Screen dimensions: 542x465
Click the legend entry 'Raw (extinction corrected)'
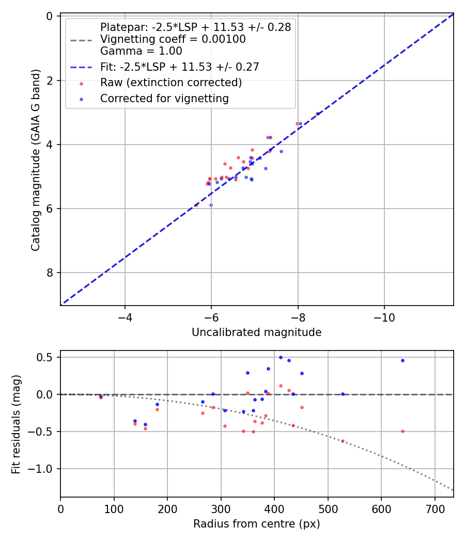tap(171, 83)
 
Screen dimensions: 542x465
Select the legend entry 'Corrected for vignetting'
tap(164, 98)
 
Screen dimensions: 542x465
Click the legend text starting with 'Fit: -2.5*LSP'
tap(179, 67)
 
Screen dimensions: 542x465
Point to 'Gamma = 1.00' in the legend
tap(141, 51)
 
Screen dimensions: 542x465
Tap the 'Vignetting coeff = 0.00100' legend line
tap(173, 39)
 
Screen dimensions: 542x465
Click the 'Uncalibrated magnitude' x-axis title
tap(257, 332)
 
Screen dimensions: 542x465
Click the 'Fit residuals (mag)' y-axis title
tap(16, 424)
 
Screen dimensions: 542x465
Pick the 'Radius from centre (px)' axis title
tap(257, 524)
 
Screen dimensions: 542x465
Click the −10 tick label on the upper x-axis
tap(384, 318)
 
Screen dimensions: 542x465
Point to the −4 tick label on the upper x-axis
tap(125, 318)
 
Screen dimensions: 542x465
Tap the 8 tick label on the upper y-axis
tap(50, 273)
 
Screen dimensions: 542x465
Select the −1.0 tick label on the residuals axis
tap(43, 469)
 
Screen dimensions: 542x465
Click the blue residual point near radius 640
tap(402, 360)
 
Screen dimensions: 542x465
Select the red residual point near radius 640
tap(402, 431)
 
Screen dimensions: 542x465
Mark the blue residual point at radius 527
tap(343, 394)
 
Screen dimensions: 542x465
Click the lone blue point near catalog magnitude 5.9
tap(211, 205)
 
